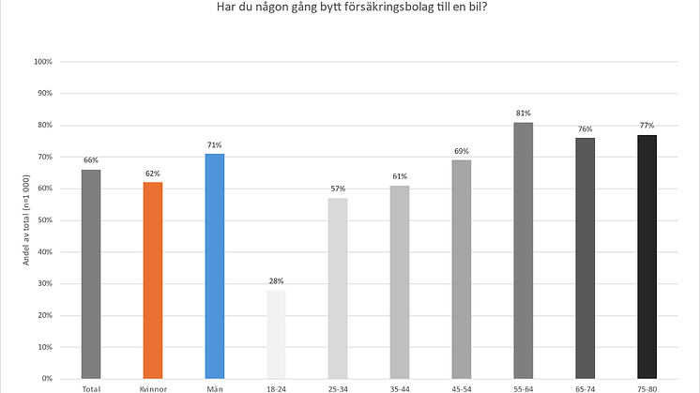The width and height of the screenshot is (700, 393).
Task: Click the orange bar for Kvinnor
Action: click(152, 280)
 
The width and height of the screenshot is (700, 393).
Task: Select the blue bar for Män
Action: click(214, 266)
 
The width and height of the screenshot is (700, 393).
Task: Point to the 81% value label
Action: click(524, 113)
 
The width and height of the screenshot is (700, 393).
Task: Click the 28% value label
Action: click(276, 281)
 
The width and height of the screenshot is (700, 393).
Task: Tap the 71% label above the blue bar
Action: click(214, 145)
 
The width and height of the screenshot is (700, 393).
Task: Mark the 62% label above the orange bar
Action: click(152, 174)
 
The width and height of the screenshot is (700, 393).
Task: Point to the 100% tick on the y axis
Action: click(42, 62)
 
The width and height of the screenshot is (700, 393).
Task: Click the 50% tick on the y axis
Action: click(44, 220)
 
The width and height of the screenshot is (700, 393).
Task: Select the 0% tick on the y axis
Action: click(46, 378)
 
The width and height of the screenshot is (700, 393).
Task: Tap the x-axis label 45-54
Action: click(461, 387)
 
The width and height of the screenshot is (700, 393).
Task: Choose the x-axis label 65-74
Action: click(585, 387)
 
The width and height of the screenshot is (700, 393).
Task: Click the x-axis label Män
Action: click(214, 387)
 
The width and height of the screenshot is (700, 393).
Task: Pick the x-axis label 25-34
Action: click(338, 387)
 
